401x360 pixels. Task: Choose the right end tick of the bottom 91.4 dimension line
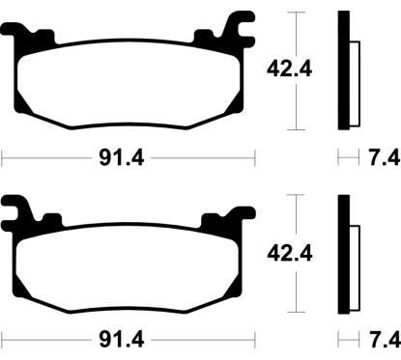click(x=253, y=340)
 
